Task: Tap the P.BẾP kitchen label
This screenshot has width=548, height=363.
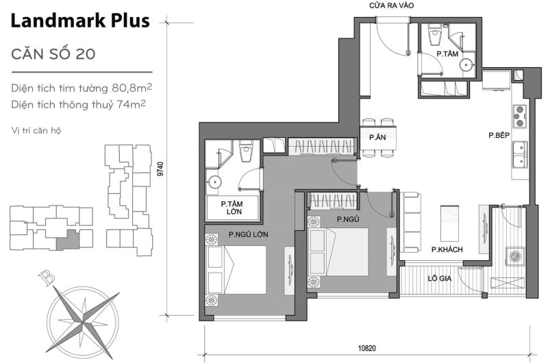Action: click(x=497, y=136)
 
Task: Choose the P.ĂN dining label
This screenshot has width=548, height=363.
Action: click(x=376, y=137)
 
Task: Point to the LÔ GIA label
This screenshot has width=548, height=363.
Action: click(x=438, y=279)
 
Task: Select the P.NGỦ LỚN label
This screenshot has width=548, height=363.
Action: click(x=248, y=235)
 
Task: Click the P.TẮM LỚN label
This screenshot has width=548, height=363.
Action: click(x=234, y=208)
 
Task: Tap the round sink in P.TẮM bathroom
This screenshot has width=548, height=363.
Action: click(x=466, y=65)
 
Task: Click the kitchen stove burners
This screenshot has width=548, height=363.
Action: click(x=519, y=116)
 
